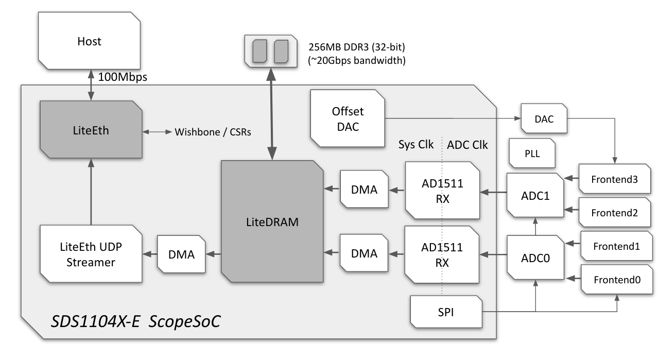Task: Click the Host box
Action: click(90, 42)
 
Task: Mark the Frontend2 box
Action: click(617, 212)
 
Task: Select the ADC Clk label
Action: click(467, 145)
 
